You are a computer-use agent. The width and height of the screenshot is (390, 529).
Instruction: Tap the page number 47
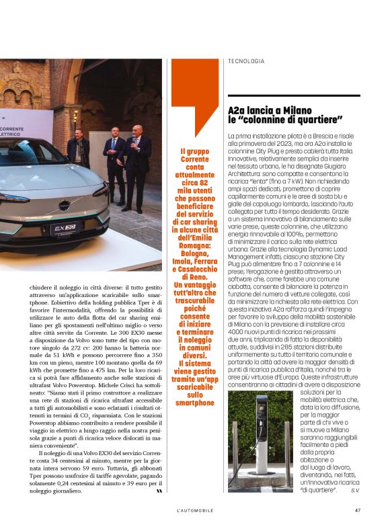click(x=358, y=510)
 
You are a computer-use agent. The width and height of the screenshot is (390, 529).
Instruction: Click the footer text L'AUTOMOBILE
click(x=195, y=510)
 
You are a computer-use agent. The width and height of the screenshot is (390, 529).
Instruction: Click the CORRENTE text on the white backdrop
click(x=12, y=128)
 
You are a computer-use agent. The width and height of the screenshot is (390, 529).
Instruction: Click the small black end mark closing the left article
click(x=159, y=491)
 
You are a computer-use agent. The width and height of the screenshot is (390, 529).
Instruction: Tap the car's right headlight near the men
click(x=101, y=190)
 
